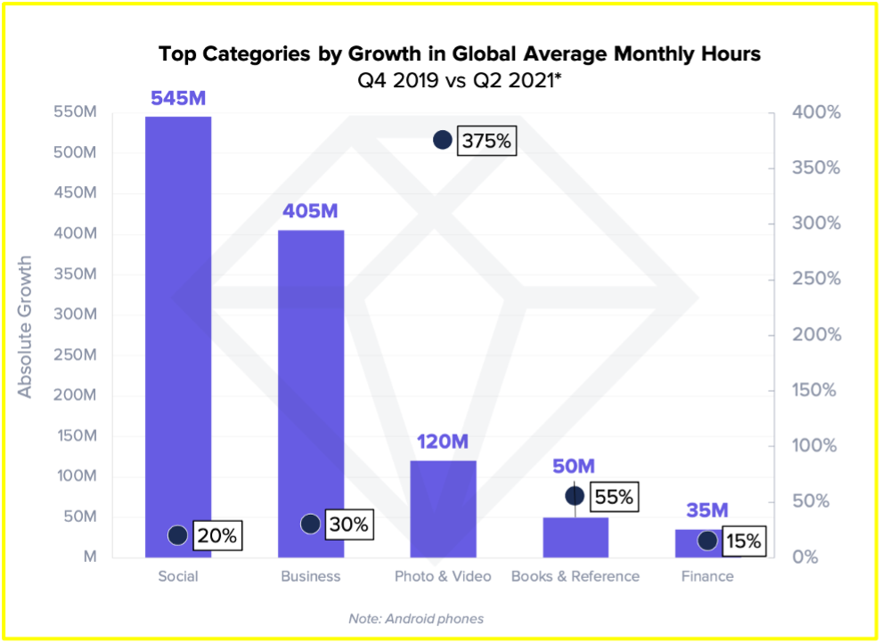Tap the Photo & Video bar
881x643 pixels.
(x=443, y=508)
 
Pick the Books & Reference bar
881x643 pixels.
(x=575, y=537)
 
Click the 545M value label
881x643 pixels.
(x=178, y=98)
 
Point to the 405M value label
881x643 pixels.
(x=311, y=212)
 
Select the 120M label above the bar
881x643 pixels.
(x=443, y=443)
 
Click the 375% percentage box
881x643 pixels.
(x=486, y=141)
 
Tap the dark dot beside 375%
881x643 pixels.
(x=443, y=140)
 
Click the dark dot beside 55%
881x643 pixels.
(x=575, y=496)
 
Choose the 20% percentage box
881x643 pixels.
(x=216, y=535)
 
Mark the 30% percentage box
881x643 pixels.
(x=348, y=525)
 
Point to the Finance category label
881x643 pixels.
(x=707, y=576)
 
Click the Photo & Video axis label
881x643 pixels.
(x=443, y=576)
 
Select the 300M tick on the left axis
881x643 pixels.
(x=77, y=314)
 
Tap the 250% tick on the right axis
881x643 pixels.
(x=818, y=279)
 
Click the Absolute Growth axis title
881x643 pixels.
(x=25, y=327)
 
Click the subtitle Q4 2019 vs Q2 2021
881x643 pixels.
(x=453, y=80)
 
